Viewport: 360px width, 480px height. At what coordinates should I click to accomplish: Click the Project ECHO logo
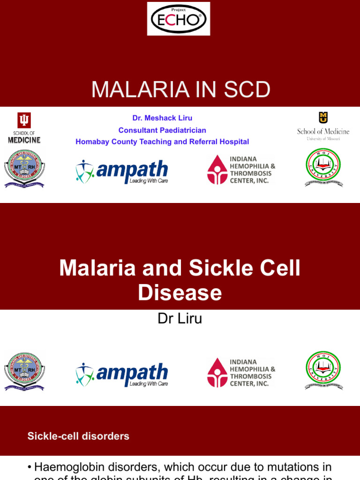(179, 19)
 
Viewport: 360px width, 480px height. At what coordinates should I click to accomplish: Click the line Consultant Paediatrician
(162, 130)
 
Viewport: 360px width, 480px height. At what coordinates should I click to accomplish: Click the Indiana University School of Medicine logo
(23, 127)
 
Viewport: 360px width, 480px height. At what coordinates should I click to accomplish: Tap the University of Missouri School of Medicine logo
(323, 126)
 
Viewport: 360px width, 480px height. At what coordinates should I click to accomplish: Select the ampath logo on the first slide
(122, 172)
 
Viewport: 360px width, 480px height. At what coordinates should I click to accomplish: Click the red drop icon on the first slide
(217, 170)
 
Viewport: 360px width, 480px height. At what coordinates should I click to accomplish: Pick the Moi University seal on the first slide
(323, 168)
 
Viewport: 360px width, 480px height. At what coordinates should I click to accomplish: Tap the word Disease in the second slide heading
(180, 292)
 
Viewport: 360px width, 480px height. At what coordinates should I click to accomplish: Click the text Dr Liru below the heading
(180, 319)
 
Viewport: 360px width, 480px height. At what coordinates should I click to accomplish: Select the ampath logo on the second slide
(122, 375)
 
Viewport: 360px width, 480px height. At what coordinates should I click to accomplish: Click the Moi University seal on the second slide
(323, 371)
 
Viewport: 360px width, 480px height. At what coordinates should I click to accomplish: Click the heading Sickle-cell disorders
(78, 436)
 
